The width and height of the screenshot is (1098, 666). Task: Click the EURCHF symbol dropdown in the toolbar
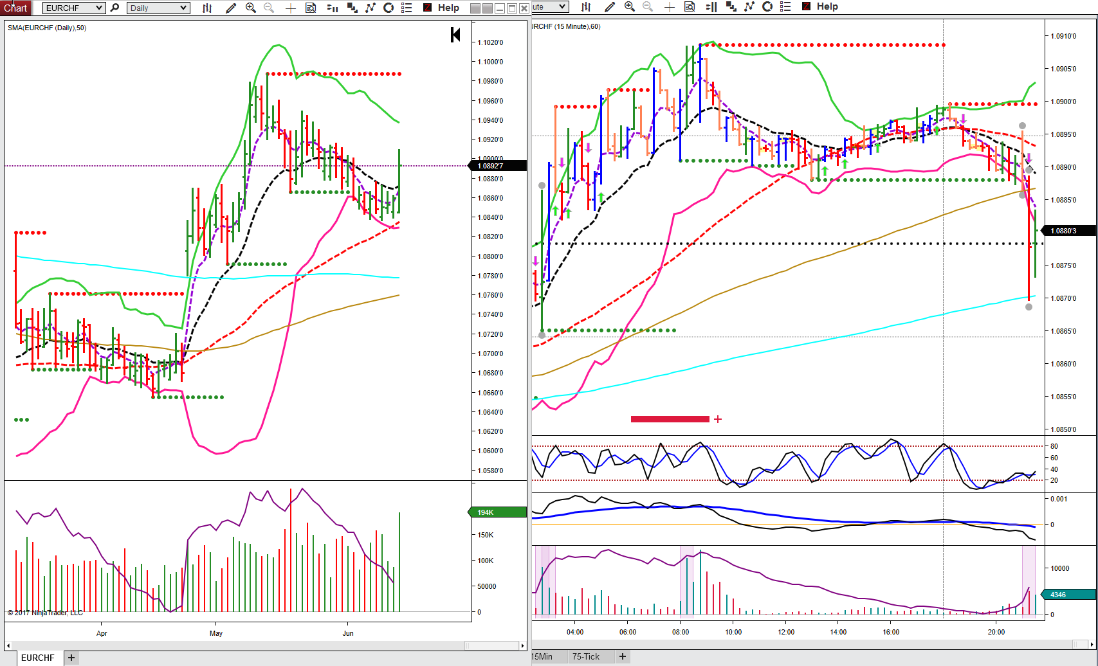click(x=74, y=8)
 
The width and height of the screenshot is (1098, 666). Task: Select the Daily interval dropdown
click(x=158, y=8)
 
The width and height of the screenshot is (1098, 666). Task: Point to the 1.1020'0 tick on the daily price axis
click(x=490, y=42)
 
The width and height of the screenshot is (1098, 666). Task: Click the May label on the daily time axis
click(x=216, y=633)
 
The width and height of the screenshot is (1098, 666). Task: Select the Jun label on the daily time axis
click(x=348, y=633)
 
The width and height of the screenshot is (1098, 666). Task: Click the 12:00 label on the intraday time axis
click(x=786, y=632)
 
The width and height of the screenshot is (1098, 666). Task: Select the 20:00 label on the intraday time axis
click(x=996, y=632)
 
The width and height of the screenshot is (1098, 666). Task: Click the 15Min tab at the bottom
click(x=542, y=656)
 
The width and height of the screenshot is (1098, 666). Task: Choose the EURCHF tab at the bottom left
click(x=37, y=658)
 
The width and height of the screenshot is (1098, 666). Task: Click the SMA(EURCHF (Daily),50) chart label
click(x=47, y=28)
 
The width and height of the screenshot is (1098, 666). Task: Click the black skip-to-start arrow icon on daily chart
click(x=455, y=35)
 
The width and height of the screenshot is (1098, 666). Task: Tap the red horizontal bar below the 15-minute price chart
click(x=670, y=419)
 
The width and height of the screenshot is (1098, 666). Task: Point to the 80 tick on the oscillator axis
click(x=1054, y=446)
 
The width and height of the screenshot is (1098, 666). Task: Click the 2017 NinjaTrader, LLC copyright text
click(x=45, y=613)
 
